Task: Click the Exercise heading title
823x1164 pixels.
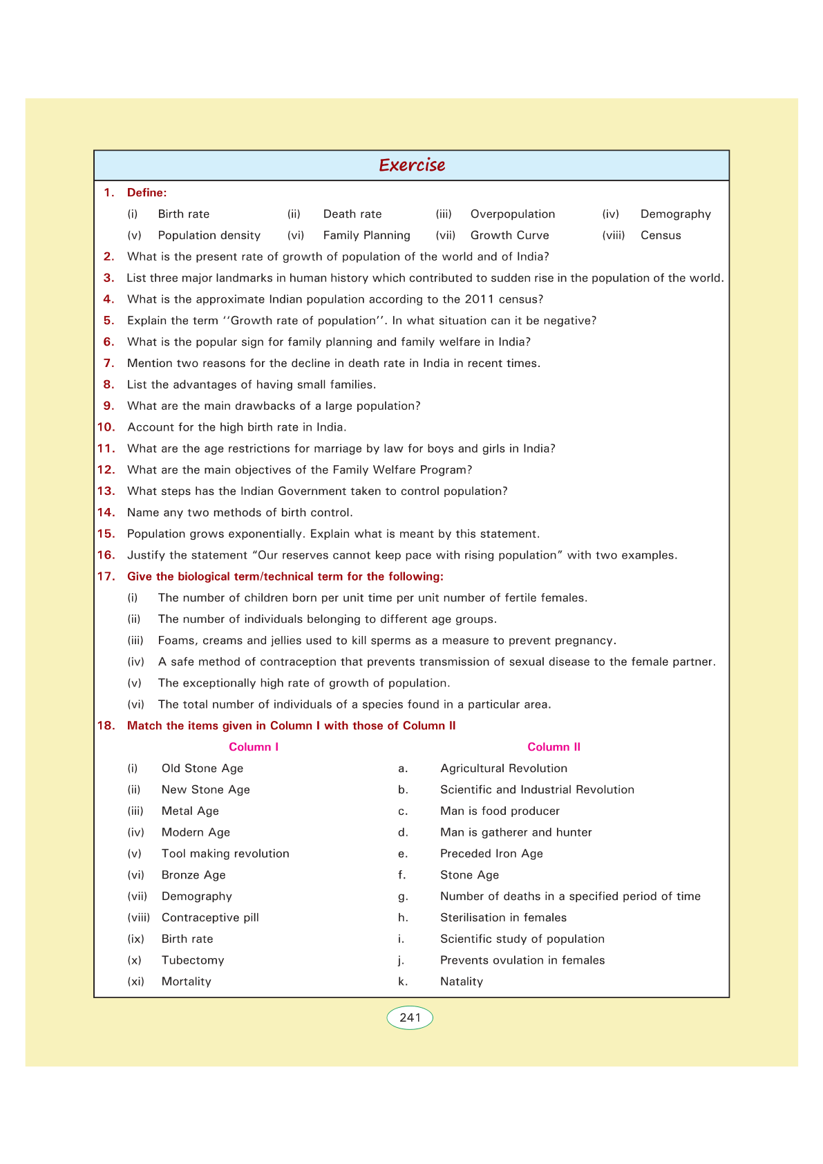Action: [x=412, y=165]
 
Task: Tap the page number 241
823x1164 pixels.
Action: [x=410, y=1017]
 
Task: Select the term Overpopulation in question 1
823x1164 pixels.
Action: [x=512, y=214]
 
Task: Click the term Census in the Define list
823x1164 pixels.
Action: [x=661, y=236]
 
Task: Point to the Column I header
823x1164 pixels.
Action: [x=254, y=747]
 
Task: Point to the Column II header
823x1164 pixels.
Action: [x=554, y=747]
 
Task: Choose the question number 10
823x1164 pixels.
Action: [x=106, y=427]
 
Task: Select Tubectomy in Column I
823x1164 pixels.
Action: [x=193, y=960]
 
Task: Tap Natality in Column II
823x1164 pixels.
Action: [x=462, y=982]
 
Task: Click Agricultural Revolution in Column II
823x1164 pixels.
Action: [x=504, y=769]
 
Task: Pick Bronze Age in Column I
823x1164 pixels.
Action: [x=193, y=875]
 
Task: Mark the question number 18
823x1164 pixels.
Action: [x=106, y=726]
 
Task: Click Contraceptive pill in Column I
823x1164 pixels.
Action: [x=210, y=918]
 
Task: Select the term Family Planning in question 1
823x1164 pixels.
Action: [x=366, y=236]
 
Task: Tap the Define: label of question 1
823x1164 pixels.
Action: [x=146, y=193]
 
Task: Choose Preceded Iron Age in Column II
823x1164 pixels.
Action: [x=491, y=854]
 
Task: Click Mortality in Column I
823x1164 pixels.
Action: [x=187, y=982]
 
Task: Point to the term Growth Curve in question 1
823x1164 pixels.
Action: [x=509, y=236]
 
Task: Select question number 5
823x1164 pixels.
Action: [x=108, y=321]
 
